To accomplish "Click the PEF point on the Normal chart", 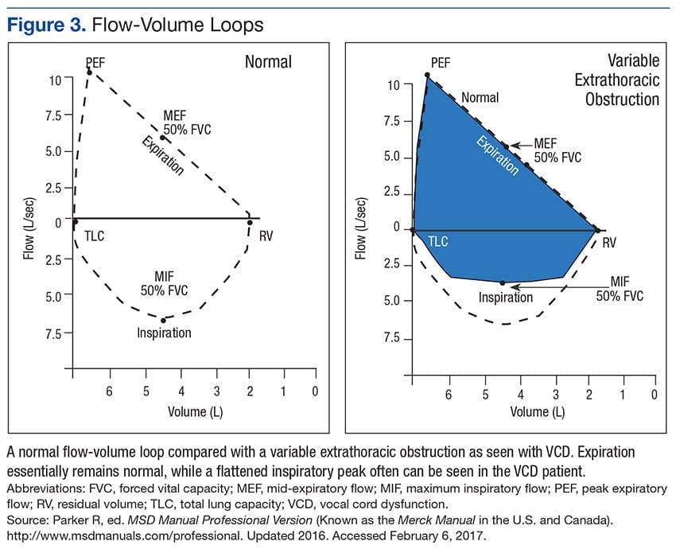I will point(89,72).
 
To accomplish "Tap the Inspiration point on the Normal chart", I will point(163,320).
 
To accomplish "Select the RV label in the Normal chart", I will point(266,236).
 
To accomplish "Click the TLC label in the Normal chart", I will point(95,236).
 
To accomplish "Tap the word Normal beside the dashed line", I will point(480,98).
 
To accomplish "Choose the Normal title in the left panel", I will point(268,61).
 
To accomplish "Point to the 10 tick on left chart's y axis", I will point(54,80).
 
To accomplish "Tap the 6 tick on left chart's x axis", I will point(110,391).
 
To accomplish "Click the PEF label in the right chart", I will point(440,62).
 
